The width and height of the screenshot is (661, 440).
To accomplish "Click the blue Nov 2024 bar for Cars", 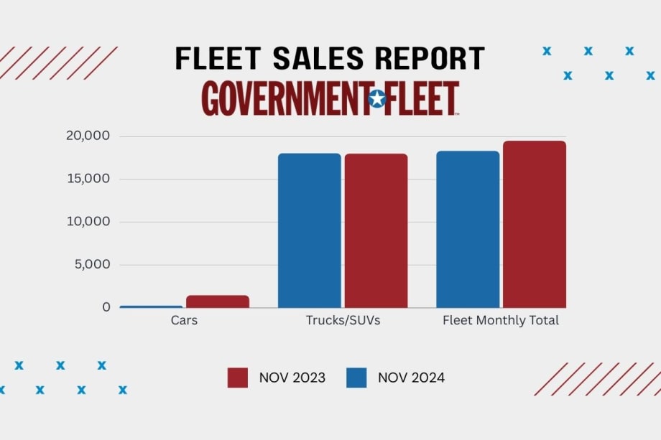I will coord(151,306).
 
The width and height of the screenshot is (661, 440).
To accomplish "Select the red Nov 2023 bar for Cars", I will coord(218,301).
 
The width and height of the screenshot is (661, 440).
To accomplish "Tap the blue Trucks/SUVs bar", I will coord(310,230).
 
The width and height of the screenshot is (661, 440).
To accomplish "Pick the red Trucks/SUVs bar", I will coord(376,230).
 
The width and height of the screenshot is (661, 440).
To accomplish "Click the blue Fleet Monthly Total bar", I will coord(468,229).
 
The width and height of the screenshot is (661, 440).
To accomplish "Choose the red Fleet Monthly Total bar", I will coord(535,224).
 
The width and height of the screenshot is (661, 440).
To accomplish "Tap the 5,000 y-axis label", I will coord(92,264).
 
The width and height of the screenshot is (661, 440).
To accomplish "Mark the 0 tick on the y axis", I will coord(106,307).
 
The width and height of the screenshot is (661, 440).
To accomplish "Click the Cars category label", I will coord(184,321).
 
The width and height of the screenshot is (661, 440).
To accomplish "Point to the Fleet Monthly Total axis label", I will coord(501,321).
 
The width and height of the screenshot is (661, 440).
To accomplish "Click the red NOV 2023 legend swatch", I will coord(238,378).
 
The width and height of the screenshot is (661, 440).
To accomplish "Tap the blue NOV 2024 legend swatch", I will coord(356,378).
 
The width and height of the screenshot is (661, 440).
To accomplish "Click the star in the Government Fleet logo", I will coord(376,99).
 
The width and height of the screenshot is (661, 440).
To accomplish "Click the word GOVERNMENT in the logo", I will coord(284,99).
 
